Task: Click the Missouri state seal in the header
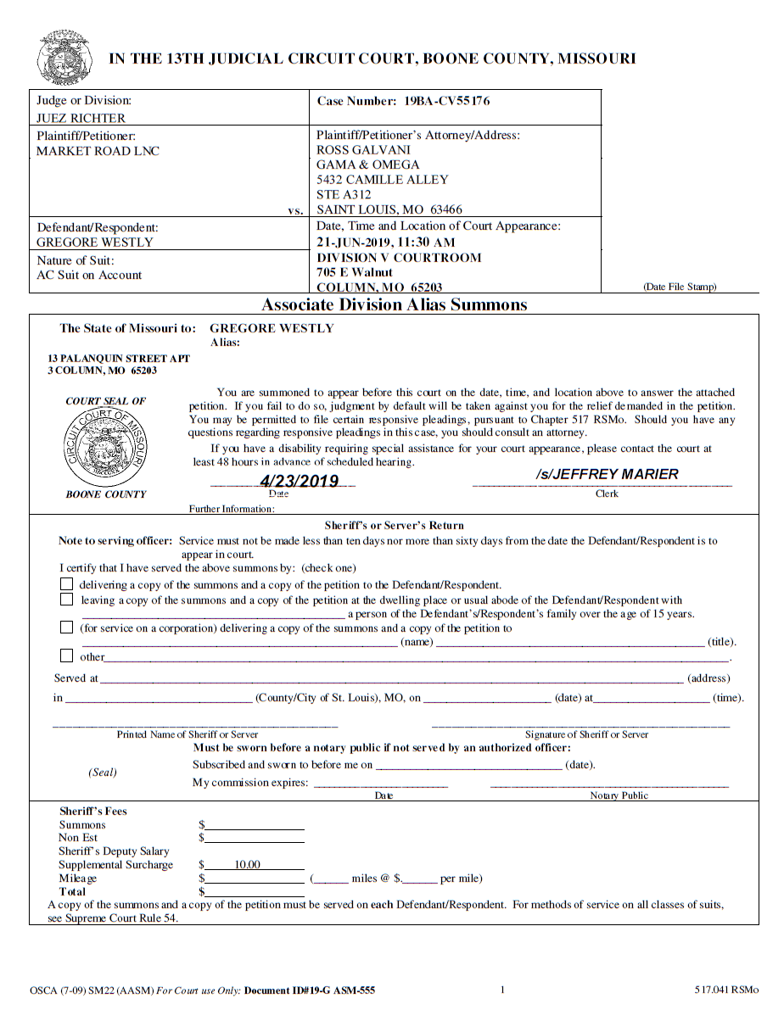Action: pos(64,58)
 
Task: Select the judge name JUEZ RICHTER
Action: pos(81,118)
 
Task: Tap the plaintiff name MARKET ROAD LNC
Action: pos(98,151)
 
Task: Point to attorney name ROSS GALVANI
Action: pos(363,150)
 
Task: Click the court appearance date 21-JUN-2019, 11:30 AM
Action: pos(385,243)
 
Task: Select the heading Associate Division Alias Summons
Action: pos(394,305)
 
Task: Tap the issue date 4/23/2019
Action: pos(299,482)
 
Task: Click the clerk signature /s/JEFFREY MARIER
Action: pos(607,474)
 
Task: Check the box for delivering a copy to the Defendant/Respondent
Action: pos(67,584)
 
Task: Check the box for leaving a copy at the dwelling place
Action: pos(67,600)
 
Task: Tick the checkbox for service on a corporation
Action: pos(67,628)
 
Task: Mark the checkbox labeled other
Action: pos(67,656)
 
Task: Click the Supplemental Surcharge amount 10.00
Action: pos(248,865)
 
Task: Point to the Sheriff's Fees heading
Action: pos(92,812)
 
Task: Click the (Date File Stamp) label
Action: pos(680,287)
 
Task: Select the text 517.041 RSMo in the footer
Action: pos(726,990)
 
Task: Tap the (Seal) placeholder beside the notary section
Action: pos(103,773)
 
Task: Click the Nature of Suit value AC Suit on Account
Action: pos(89,275)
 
